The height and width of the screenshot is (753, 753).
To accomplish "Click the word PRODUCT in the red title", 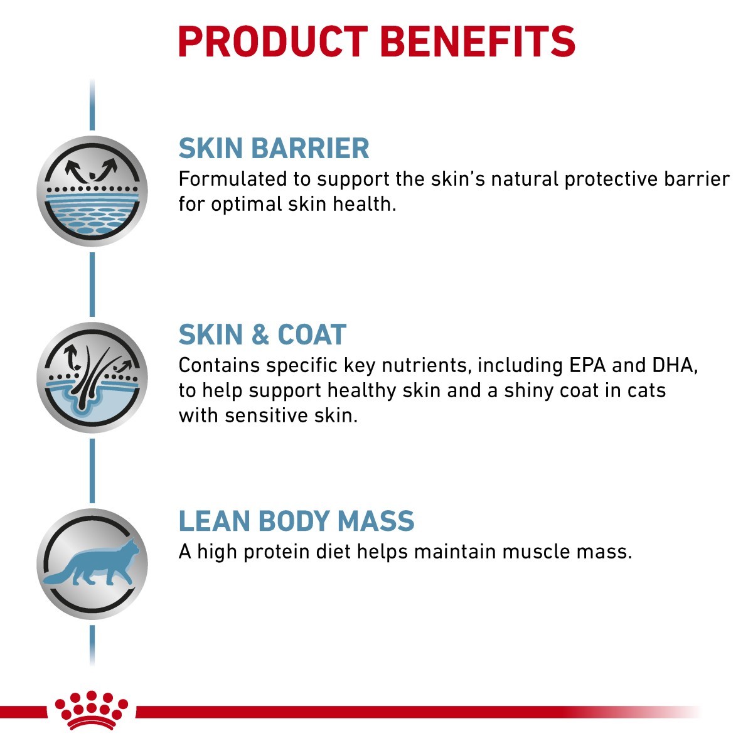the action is click(273, 42).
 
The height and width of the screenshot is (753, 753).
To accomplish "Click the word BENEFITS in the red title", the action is click(478, 42).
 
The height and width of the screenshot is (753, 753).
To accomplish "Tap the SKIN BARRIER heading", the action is click(274, 149).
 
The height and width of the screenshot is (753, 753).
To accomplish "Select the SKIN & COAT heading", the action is click(262, 335).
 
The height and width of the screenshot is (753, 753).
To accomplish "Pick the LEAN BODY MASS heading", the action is click(296, 521).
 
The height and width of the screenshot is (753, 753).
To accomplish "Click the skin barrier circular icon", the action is click(92, 191).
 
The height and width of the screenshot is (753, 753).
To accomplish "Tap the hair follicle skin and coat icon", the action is click(92, 378).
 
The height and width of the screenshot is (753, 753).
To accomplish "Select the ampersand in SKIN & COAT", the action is click(260, 335).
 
